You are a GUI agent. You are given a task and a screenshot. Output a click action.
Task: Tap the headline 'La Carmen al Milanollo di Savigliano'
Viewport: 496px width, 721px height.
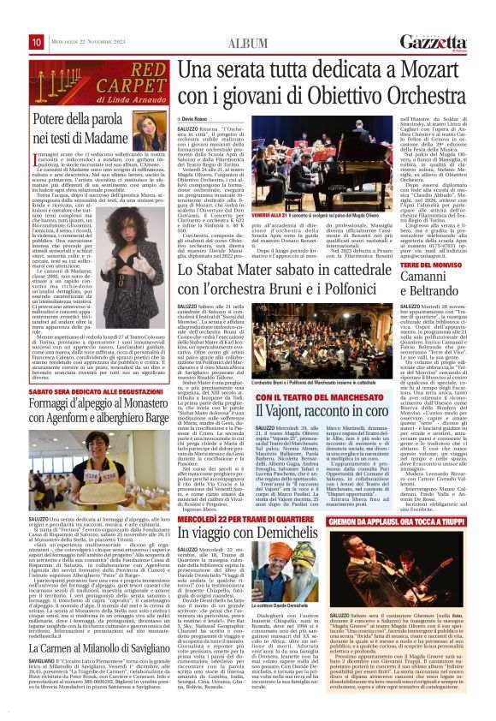tap(96, 628)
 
